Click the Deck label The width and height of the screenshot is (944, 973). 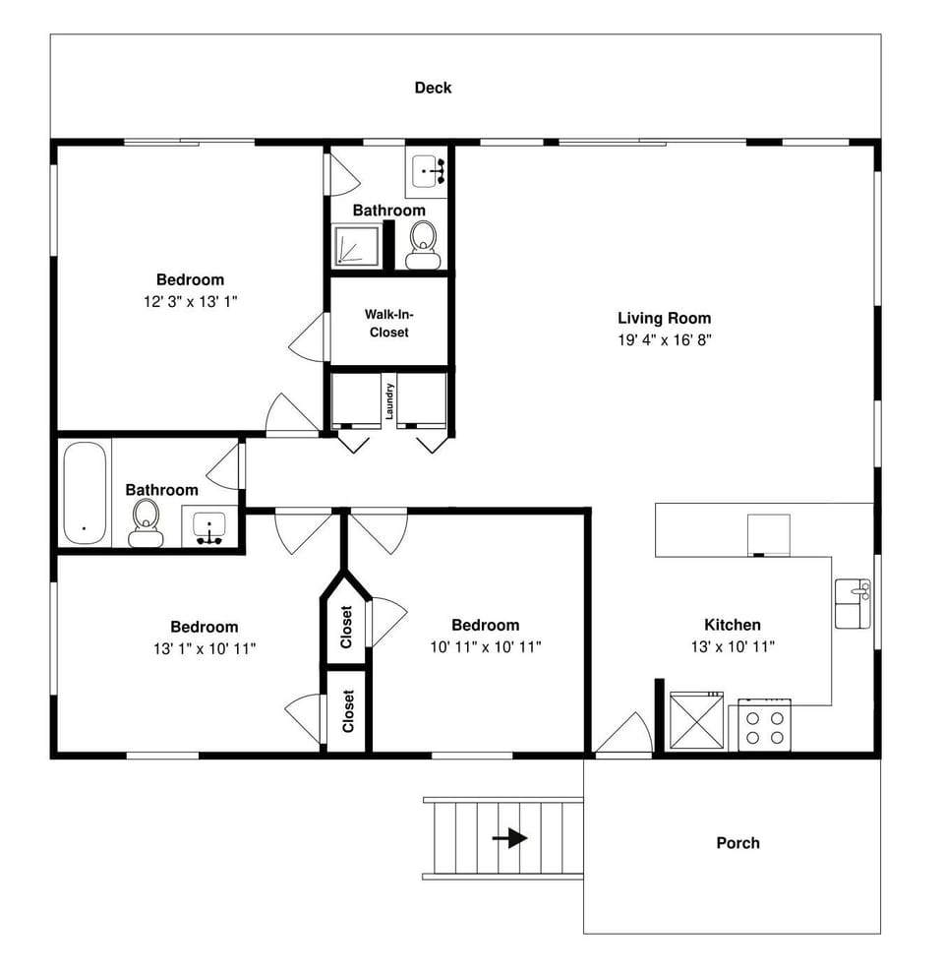pos(433,88)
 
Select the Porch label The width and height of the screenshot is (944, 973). pos(737,843)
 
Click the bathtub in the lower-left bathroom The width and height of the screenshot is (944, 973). pos(84,492)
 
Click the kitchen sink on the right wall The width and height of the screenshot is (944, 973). pos(852,603)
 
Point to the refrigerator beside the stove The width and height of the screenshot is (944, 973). pos(696,722)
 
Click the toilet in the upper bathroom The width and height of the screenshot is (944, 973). pos(423,244)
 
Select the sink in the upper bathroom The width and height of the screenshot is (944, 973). pos(427,171)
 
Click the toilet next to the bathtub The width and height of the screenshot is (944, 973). pos(146,522)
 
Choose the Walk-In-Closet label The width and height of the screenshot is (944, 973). pos(388,324)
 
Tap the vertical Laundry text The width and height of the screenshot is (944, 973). pos(389,400)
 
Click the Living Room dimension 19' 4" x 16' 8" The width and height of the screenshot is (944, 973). pos(664,340)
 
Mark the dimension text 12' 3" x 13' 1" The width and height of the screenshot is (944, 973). pos(190,302)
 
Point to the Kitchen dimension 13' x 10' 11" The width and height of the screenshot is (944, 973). pos(733,647)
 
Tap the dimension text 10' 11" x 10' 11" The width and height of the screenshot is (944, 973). pos(485,647)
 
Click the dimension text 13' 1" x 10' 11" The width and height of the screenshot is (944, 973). pos(204,649)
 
